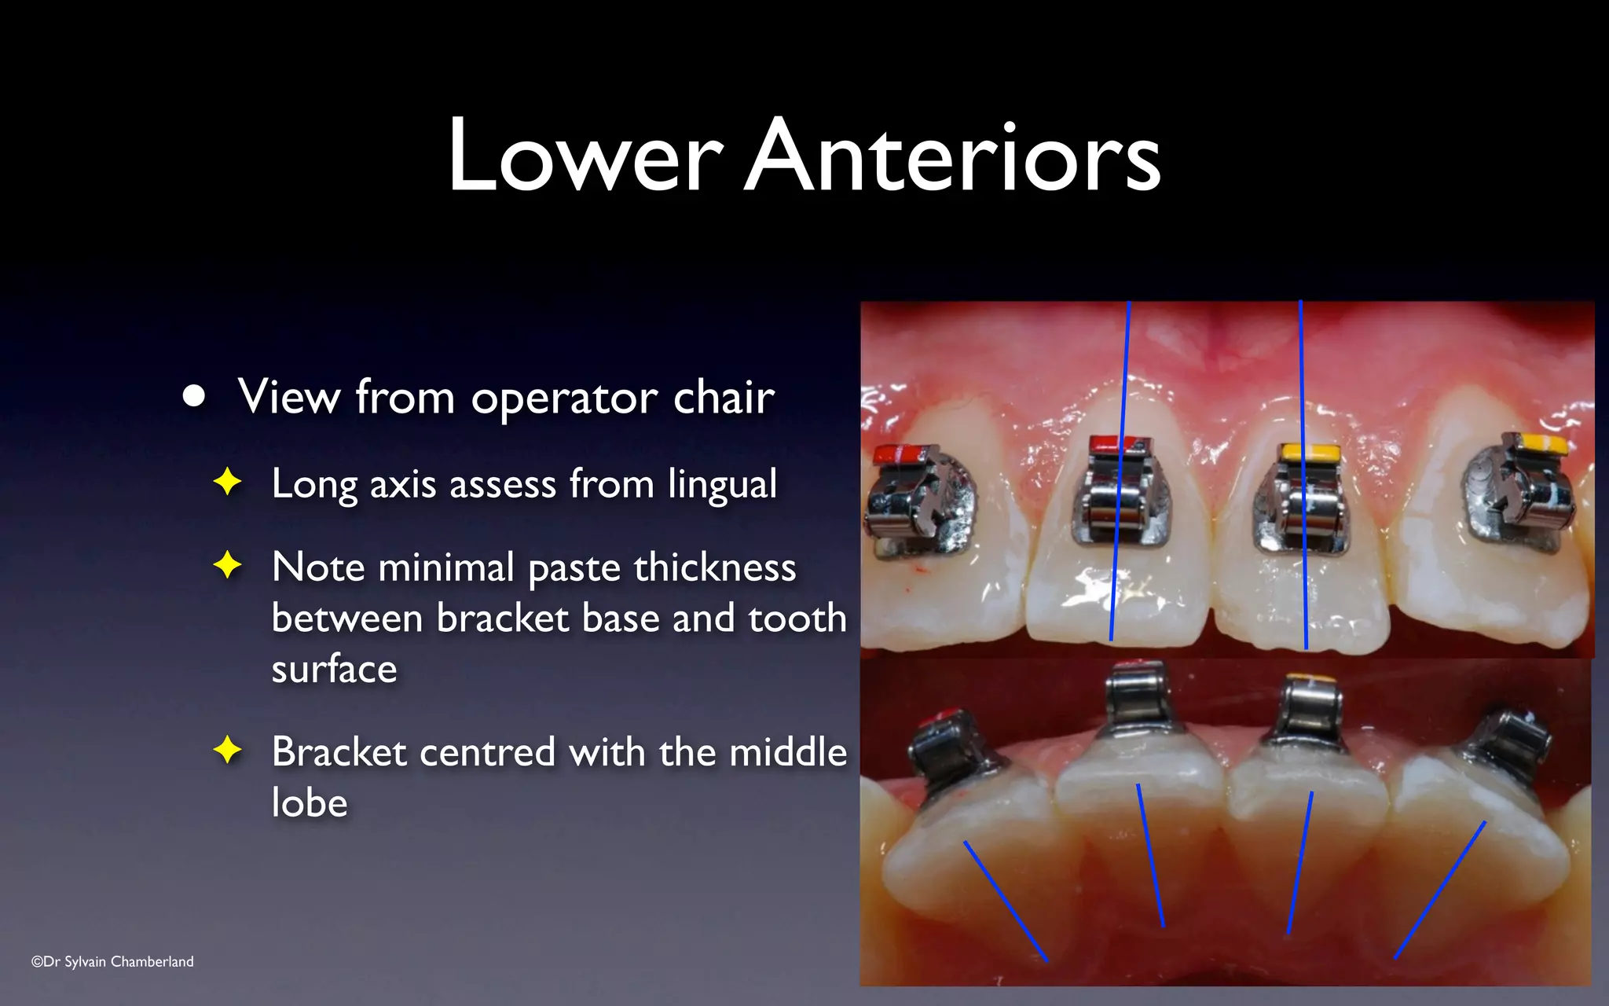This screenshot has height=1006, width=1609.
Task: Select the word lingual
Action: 722,483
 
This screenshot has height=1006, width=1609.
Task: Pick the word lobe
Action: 310,802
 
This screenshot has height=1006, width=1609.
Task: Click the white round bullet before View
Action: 194,396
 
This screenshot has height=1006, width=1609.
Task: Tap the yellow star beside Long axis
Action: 228,482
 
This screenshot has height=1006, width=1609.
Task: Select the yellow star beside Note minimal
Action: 228,565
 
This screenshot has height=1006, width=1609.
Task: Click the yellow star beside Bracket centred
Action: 228,750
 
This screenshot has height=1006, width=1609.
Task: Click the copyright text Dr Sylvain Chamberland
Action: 112,961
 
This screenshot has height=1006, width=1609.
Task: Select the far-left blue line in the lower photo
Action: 1006,901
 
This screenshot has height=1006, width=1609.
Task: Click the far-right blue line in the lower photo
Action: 1440,890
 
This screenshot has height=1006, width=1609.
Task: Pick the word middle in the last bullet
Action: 788,752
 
